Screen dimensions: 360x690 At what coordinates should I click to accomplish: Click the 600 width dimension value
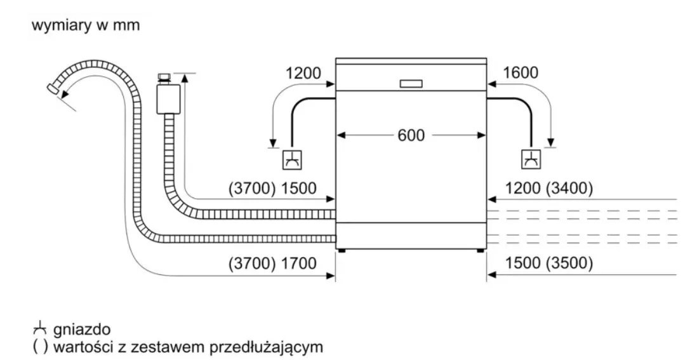(411, 135)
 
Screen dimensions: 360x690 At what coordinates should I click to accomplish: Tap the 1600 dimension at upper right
(520, 73)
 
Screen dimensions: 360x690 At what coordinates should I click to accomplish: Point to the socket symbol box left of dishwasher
(292, 161)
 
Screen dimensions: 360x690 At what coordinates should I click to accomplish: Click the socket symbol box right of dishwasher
(531, 161)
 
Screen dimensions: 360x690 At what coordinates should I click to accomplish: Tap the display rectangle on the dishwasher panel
(411, 83)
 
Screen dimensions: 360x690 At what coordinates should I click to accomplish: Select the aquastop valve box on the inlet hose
(168, 98)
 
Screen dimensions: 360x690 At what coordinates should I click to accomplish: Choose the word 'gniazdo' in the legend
(83, 330)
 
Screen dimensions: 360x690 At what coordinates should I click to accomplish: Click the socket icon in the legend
(40, 329)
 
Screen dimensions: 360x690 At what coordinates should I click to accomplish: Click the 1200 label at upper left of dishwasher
(303, 73)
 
